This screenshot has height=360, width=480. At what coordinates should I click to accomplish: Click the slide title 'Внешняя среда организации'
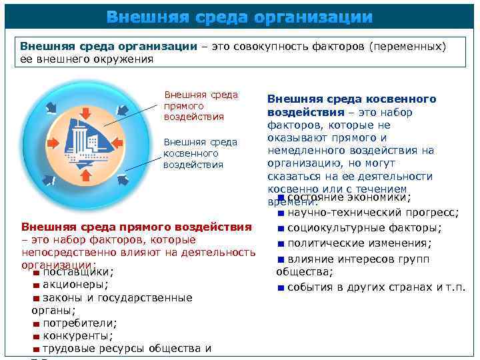239,16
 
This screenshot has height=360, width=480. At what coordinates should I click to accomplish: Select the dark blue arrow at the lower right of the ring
126,181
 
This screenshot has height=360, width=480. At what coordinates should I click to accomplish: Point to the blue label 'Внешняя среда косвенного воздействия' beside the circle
200,153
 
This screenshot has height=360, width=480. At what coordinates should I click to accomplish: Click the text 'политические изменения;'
359,244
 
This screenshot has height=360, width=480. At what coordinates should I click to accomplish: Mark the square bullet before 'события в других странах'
281,288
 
